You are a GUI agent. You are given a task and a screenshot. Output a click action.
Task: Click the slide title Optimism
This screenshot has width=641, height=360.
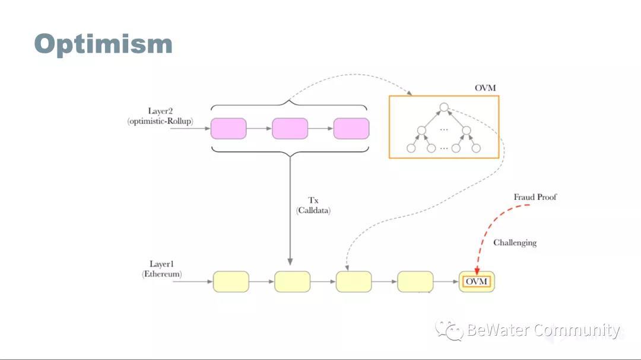[103, 44]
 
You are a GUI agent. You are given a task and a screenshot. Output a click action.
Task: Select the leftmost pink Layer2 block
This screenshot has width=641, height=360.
[229, 129]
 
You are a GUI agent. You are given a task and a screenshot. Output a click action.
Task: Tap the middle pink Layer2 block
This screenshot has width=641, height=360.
[290, 129]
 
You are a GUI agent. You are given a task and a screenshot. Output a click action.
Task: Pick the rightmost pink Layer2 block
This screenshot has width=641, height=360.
[351, 129]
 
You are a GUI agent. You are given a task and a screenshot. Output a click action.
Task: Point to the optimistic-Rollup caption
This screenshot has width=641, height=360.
[160, 122]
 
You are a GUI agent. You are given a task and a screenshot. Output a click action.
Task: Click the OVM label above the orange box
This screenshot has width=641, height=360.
[485, 88]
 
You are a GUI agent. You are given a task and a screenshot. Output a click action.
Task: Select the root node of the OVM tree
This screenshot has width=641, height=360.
[443, 108]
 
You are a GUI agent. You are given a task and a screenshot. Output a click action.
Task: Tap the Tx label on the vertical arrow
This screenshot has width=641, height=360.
[313, 200]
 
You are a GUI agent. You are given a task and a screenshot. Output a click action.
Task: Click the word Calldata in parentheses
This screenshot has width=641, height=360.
[313, 211]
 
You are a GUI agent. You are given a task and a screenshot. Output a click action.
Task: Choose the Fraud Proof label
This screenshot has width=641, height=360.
[535, 197]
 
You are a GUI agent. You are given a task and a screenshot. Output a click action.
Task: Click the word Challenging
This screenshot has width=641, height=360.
[515, 243]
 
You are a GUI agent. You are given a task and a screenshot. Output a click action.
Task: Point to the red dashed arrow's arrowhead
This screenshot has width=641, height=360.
[477, 272]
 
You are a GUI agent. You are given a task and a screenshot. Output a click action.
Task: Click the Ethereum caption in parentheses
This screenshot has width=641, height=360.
[162, 275]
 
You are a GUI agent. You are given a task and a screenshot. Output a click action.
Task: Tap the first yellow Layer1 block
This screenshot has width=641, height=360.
[231, 281]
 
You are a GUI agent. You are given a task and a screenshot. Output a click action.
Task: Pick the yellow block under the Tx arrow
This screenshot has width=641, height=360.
[292, 281]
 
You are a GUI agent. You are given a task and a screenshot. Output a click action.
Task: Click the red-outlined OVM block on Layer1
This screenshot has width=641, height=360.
[477, 281]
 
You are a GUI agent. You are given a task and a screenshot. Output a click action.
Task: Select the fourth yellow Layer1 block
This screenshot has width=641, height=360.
[415, 281]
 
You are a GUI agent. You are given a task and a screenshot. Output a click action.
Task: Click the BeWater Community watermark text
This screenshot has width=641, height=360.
[542, 330]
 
